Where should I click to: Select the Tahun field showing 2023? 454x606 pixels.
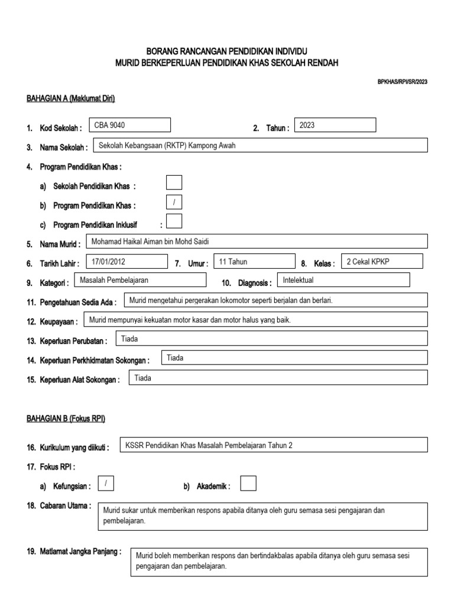point(335,125)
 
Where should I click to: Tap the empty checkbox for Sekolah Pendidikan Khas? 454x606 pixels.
point(174,182)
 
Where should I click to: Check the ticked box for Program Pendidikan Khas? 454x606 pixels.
point(174,202)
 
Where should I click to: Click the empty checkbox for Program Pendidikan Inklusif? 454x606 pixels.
point(174,221)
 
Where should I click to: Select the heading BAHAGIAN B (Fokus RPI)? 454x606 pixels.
point(66,418)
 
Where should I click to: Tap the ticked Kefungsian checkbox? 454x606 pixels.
point(106,483)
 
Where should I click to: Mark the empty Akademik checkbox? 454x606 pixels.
point(248,483)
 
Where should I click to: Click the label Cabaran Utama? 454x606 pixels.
point(66,505)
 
